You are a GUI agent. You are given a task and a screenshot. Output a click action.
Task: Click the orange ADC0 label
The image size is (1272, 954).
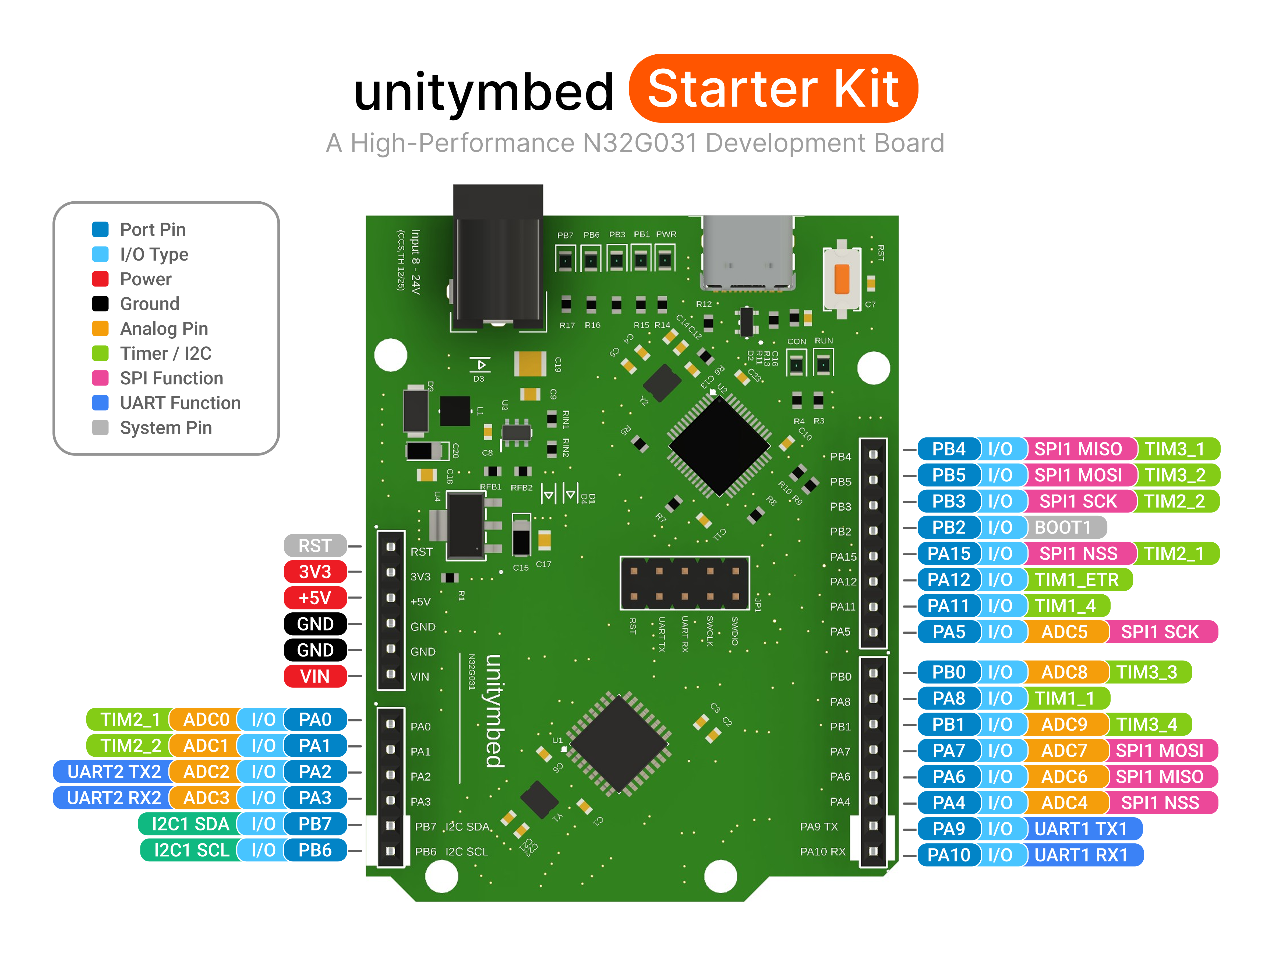click(x=205, y=719)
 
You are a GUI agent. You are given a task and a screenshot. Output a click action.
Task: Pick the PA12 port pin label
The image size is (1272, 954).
click(x=949, y=579)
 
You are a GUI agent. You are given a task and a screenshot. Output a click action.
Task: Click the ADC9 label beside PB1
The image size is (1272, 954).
click(x=1064, y=724)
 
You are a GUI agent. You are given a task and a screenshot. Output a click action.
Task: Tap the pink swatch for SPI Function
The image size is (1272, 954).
click(x=101, y=378)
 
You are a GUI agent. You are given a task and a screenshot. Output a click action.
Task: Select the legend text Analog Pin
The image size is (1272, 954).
click(x=164, y=329)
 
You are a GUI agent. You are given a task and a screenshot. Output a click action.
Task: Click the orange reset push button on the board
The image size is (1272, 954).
click(x=841, y=279)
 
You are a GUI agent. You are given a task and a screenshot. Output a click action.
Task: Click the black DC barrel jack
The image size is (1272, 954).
click(x=498, y=259)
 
